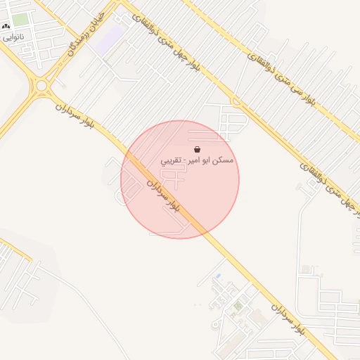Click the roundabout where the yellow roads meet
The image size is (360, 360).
(x=42, y=86)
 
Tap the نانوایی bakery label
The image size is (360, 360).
(x=12, y=36)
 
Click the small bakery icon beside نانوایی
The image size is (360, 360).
(x=6, y=25)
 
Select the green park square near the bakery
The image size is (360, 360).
(x=20, y=20)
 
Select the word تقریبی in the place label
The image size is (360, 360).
(x=172, y=161)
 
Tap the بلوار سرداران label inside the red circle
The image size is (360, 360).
(x=163, y=196)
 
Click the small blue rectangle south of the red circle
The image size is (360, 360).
(x=218, y=275)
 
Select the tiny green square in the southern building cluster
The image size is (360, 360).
(x=238, y=306)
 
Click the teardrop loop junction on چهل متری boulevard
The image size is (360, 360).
(x=236, y=101)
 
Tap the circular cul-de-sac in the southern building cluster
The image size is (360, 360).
(x=215, y=324)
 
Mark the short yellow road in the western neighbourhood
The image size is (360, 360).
(x=14, y=249)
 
